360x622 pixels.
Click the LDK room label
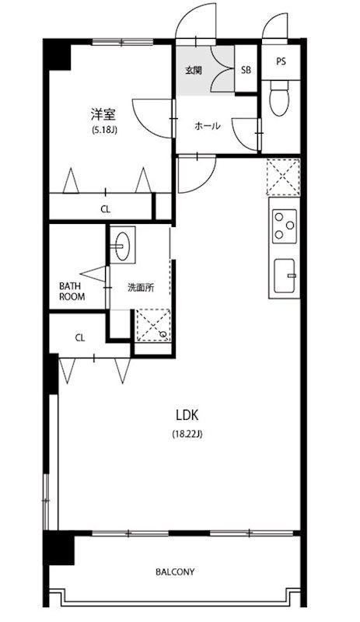point(187,415)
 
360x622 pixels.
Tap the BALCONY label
point(175,572)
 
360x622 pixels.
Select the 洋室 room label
point(103,114)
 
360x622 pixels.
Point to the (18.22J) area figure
point(187,434)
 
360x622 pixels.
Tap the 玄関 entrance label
point(194,71)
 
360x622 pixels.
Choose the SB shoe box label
point(246,70)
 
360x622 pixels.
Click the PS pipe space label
point(281,62)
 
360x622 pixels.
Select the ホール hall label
point(207,126)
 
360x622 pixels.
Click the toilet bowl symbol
point(278,99)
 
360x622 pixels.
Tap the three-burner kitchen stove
point(284,225)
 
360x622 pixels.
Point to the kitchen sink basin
point(285,276)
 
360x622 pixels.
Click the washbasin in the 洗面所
point(122,245)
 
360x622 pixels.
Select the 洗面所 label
point(141,288)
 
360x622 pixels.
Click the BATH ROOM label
point(72,291)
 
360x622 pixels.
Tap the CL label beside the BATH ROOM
point(80,338)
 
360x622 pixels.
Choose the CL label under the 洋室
point(105,209)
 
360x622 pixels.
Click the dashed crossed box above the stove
point(283,177)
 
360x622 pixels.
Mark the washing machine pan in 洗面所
point(153,325)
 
